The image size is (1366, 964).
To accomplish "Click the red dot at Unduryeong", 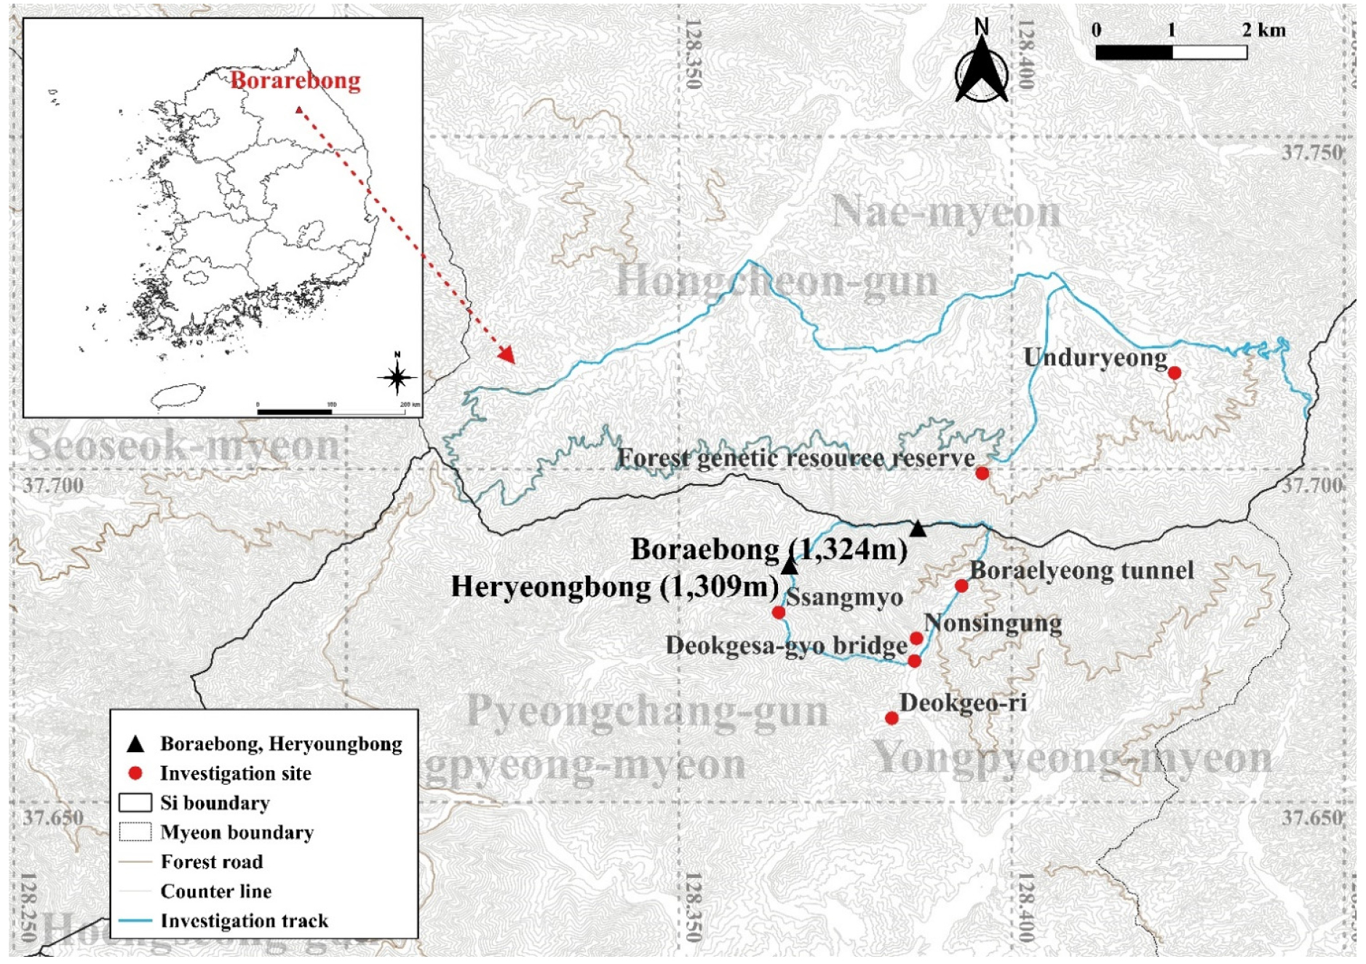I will tap(1174, 373).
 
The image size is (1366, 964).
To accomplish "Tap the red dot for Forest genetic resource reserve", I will tap(982, 473).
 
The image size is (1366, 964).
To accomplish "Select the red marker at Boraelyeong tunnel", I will tap(961, 585).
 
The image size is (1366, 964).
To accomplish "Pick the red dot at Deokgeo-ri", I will tap(892, 718).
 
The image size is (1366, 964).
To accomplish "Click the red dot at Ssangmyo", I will tap(779, 612).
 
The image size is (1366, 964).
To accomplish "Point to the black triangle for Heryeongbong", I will tap(790, 566).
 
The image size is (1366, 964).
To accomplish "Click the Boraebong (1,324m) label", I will tap(769, 550).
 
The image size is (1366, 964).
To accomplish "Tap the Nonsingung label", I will tap(993, 623).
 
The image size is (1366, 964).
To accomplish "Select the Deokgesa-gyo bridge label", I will tap(786, 646).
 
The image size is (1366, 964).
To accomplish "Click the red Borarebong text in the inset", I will tap(295, 80).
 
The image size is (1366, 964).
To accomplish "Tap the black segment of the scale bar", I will tap(1133, 52).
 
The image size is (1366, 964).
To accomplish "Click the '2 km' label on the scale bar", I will tap(1263, 30).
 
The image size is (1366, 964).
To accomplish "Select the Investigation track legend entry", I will tap(244, 921).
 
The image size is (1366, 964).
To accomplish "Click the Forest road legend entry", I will tap(211, 862).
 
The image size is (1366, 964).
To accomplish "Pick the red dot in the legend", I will tap(135, 773).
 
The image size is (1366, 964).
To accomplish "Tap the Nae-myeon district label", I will tap(945, 213).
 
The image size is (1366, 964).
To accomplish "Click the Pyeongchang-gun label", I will tap(646, 711).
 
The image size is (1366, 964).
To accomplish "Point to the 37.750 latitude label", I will tap(1311, 153).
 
